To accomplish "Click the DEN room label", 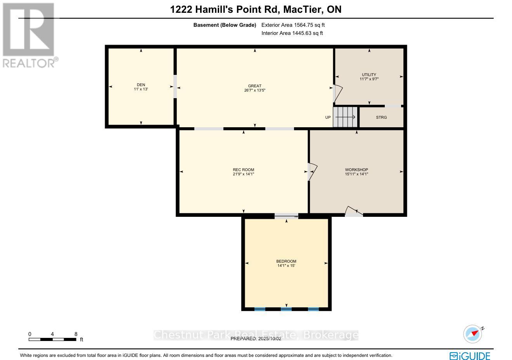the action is pyautogui.click(x=141, y=85).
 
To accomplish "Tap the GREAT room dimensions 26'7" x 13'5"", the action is pyautogui.click(x=254, y=90).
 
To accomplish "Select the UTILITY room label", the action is pyautogui.click(x=369, y=75).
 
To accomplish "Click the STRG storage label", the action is pyautogui.click(x=381, y=117).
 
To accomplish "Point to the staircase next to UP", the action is pyautogui.click(x=345, y=117).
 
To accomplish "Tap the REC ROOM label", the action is pyautogui.click(x=244, y=170).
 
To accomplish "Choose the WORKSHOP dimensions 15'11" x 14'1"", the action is pyautogui.click(x=356, y=174).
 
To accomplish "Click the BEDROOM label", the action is pyautogui.click(x=286, y=261).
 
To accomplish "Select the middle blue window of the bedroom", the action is pyautogui.click(x=286, y=309).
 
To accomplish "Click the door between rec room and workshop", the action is pyautogui.click(x=312, y=171).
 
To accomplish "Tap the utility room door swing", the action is pyautogui.click(x=337, y=93).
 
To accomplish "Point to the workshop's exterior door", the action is pyautogui.click(x=354, y=212).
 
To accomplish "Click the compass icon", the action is pyautogui.click(x=472, y=334).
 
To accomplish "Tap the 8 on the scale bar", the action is pyautogui.click(x=76, y=334).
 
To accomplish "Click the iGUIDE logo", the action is pyautogui.click(x=470, y=356).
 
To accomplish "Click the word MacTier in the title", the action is pyautogui.click(x=303, y=9).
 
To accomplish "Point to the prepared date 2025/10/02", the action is pyautogui.click(x=270, y=339).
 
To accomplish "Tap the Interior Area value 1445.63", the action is pyautogui.click(x=302, y=33).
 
